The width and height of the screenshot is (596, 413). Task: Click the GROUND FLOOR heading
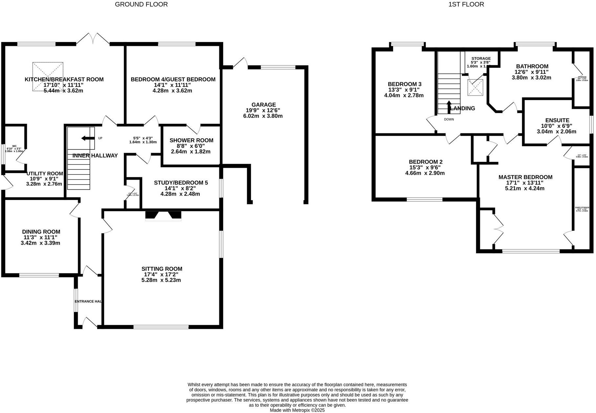141,4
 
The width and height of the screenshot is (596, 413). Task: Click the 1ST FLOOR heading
466,4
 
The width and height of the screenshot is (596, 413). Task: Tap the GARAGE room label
264,105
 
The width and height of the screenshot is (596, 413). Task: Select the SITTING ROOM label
162,269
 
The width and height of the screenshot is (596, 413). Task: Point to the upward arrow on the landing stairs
449,106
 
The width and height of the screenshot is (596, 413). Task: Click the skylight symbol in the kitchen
48,76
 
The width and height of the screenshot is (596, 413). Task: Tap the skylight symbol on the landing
475,88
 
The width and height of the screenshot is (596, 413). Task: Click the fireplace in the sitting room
163,215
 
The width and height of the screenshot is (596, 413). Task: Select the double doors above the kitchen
93,39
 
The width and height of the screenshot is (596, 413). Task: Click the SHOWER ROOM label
191,140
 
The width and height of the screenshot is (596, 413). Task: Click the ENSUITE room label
557,120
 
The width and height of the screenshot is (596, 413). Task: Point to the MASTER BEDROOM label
525,177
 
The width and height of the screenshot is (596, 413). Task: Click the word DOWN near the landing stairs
449,119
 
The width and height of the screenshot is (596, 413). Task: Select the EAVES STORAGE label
582,208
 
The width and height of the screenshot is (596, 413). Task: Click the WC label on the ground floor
14,146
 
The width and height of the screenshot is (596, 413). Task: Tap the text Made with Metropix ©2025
297,410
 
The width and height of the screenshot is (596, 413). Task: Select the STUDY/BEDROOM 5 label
181,183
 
